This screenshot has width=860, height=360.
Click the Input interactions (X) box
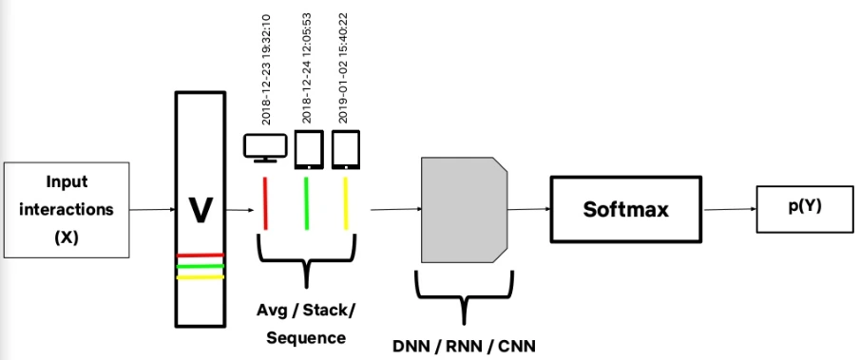[67, 210]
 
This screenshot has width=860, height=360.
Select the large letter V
[201, 210]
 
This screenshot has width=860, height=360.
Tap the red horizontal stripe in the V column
[201, 255]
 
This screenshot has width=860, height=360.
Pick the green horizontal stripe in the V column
[201, 266]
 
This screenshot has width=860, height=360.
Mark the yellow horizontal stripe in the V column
[201, 277]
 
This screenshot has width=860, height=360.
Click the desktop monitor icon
[265, 148]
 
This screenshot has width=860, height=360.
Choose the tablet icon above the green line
[309, 149]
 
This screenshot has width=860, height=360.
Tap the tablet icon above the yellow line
[346, 149]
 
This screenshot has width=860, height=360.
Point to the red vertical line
[265, 203]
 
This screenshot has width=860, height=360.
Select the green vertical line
[307, 203]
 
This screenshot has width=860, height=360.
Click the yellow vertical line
[346, 203]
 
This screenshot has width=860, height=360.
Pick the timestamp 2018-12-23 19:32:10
[266, 69]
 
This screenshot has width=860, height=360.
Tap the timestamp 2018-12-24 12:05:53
[307, 68]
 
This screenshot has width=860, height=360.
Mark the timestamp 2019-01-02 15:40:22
[344, 68]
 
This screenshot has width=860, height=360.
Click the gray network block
[464, 210]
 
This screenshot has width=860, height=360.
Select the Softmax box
[626, 209]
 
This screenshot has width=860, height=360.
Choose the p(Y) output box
[805, 209]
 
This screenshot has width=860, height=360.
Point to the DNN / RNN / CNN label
[464, 347]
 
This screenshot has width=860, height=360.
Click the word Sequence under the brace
[306, 337]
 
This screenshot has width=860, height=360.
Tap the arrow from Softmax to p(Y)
[730, 209]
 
